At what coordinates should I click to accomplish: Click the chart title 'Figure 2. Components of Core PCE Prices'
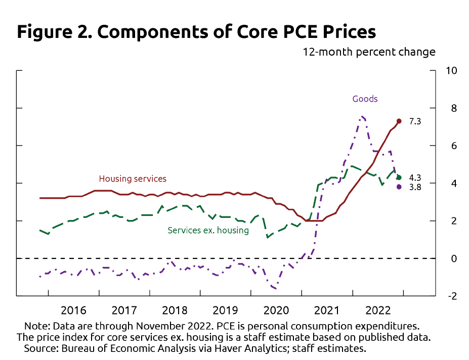pyautogui.click(x=196, y=32)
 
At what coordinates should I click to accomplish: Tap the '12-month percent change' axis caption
pyautogui.click(x=369, y=52)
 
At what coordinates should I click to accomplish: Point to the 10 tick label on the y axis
pyautogui.click(x=451, y=71)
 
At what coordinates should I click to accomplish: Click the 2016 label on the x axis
pyautogui.click(x=74, y=310)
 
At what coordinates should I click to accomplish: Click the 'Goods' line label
pyautogui.click(x=365, y=99)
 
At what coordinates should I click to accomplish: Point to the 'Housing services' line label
pyautogui.click(x=133, y=178)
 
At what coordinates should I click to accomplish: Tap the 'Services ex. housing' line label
pyautogui.click(x=208, y=231)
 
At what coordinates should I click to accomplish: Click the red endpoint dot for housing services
pyautogui.click(x=399, y=121)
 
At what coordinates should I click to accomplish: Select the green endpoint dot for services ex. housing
pyautogui.click(x=399, y=177)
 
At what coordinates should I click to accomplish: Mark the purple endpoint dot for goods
pyautogui.click(x=399, y=187)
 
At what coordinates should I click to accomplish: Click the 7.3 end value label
pyautogui.click(x=415, y=121)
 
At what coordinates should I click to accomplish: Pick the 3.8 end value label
pyautogui.click(x=415, y=187)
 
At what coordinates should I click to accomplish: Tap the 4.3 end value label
pyautogui.click(x=415, y=177)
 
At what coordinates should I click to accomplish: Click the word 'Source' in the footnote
pyautogui.click(x=38, y=349)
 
